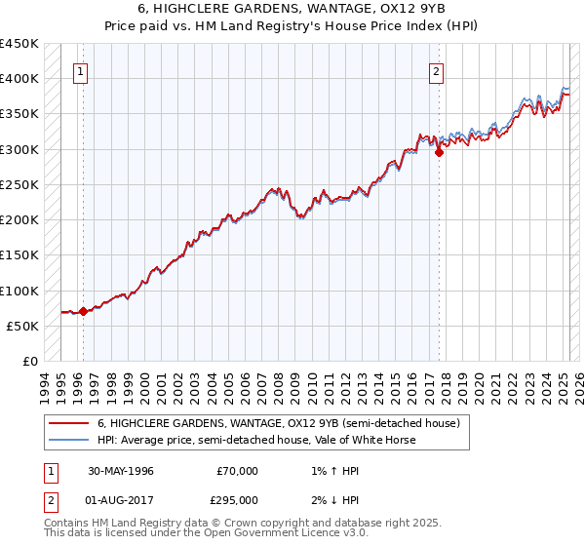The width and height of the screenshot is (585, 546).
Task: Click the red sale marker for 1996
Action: click(x=83, y=312)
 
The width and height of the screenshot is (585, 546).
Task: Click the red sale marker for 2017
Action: click(x=439, y=152)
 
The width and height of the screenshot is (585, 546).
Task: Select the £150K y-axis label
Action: click(x=19, y=255)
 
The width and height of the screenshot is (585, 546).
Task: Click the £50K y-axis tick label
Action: click(x=23, y=326)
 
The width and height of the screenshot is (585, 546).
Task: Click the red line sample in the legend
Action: click(x=67, y=424)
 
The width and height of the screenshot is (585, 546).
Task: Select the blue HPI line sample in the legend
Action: click(x=67, y=440)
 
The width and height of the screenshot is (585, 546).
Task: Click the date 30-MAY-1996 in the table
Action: click(x=121, y=472)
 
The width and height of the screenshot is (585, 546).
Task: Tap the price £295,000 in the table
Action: click(x=237, y=500)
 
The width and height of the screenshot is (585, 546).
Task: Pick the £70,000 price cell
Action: click(x=237, y=472)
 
